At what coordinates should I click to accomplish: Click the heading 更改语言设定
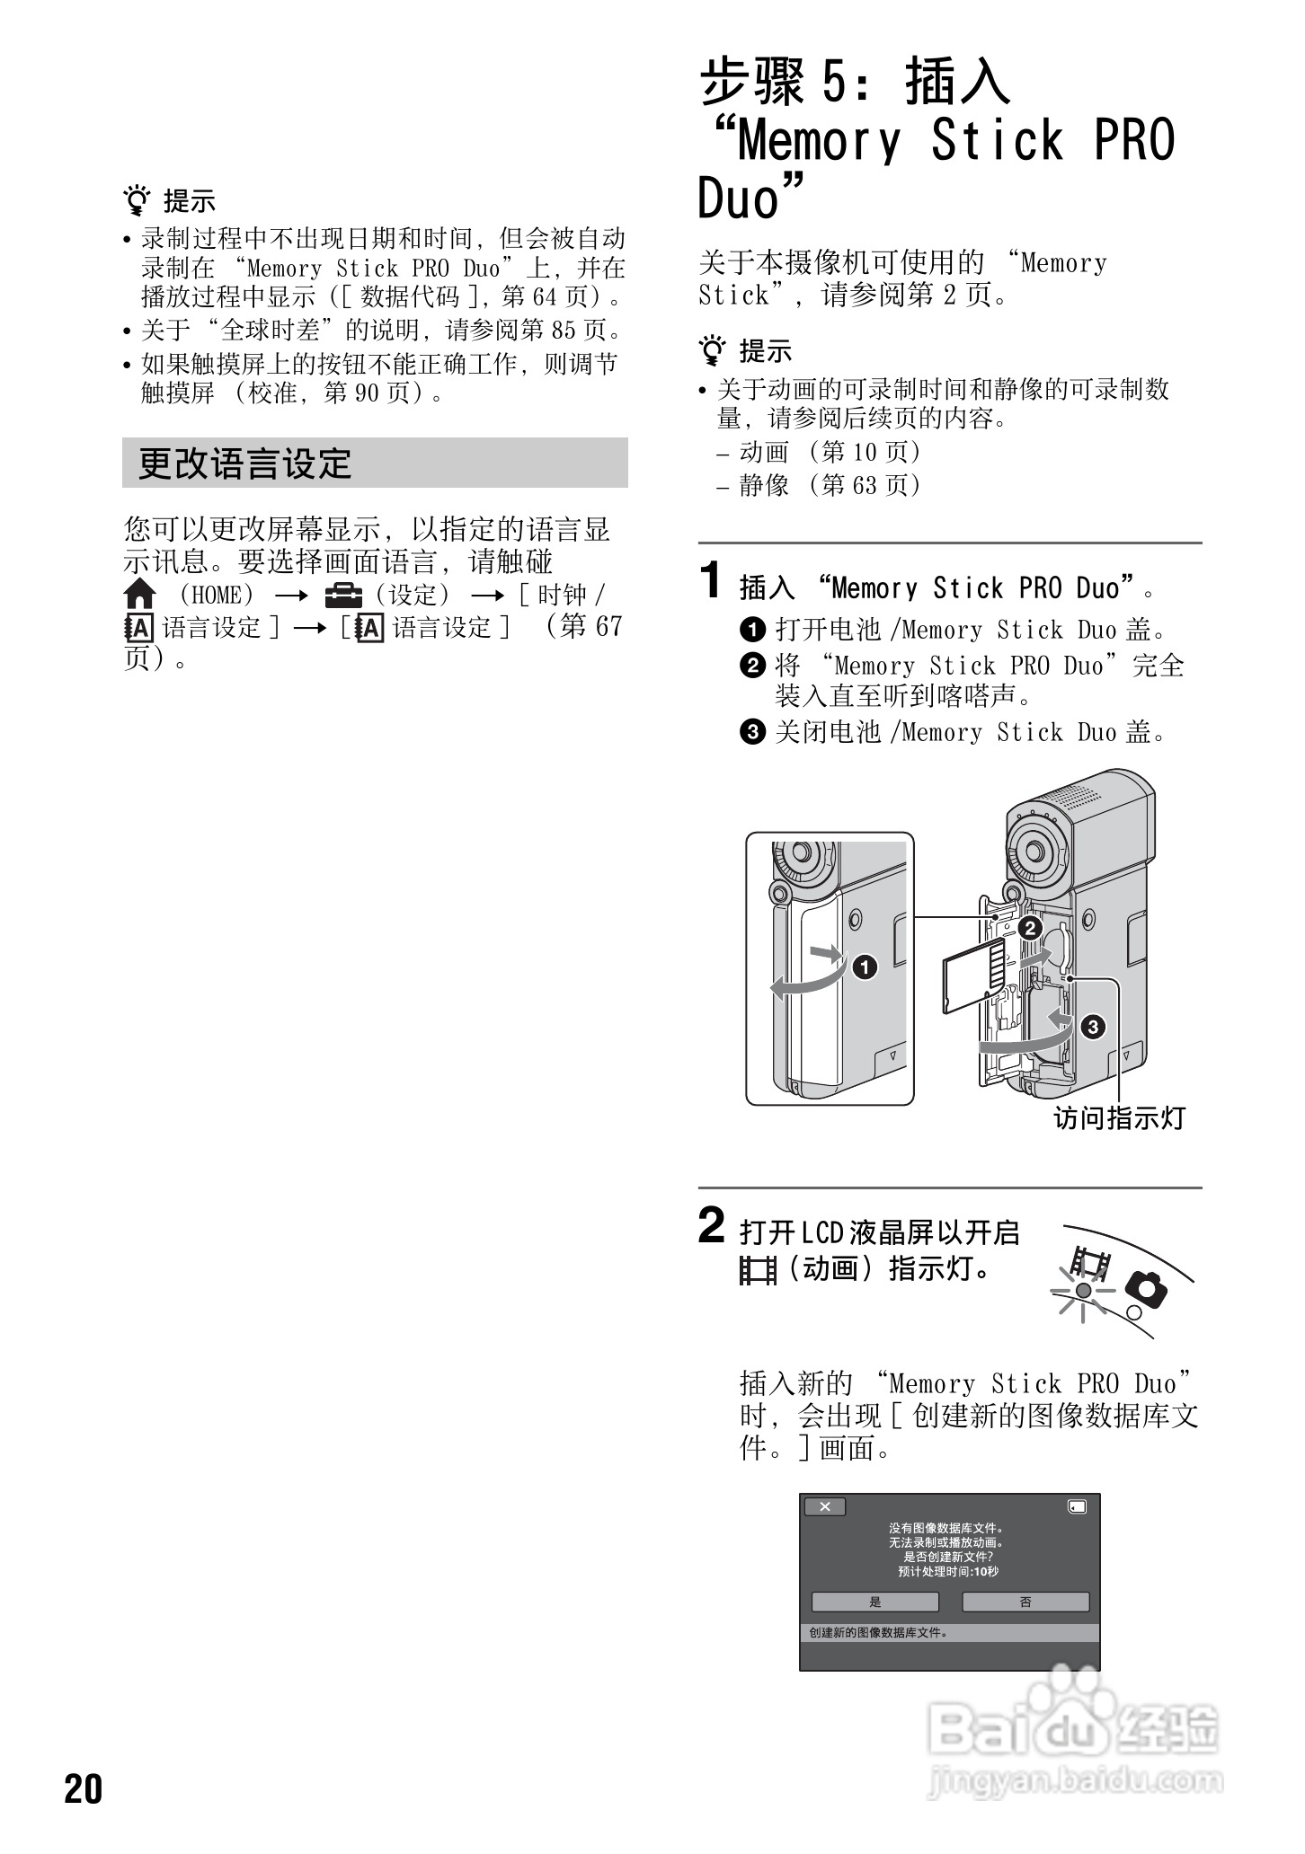(x=244, y=463)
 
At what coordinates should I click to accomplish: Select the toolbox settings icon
(x=343, y=595)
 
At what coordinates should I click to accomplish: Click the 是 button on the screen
(x=875, y=1602)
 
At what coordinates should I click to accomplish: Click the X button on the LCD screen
(x=825, y=1506)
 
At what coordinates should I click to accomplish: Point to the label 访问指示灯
(x=1120, y=1117)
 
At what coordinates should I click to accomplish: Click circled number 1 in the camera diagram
(x=864, y=967)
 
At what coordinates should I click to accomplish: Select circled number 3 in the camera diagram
(x=1093, y=1027)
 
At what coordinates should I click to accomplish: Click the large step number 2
(x=712, y=1226)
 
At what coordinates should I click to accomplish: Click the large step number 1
(x=712, y=579)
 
